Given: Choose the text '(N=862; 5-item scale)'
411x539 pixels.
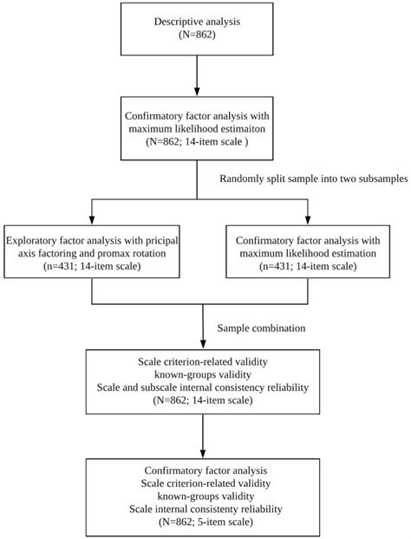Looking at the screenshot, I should (x=202, y=523).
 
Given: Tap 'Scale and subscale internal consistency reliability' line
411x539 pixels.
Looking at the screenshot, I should (x=202, y=389).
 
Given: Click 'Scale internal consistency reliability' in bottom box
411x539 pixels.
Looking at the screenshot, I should (x=202, y=510).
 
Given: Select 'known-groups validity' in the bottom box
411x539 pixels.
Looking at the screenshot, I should (x=202, y=496).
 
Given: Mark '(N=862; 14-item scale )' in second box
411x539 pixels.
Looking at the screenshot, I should (x=200, y=142).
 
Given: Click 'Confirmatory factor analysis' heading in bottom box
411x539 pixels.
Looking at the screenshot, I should (x=202, y=468).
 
